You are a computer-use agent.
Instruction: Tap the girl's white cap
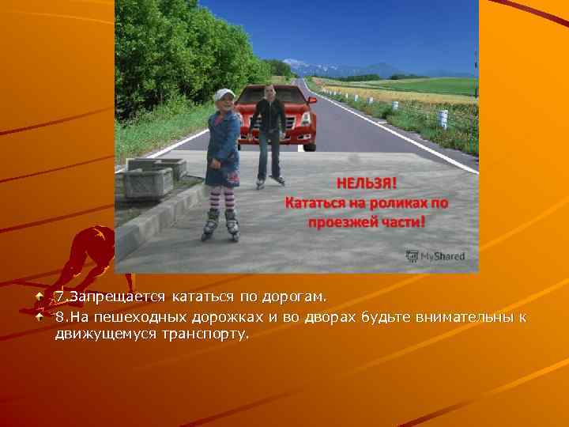(224, 95)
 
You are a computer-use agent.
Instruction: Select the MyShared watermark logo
(435, 256)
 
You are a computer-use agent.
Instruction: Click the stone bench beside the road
(148, 179)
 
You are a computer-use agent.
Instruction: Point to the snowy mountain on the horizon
(297, 63)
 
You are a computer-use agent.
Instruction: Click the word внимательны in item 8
(466, 317)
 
